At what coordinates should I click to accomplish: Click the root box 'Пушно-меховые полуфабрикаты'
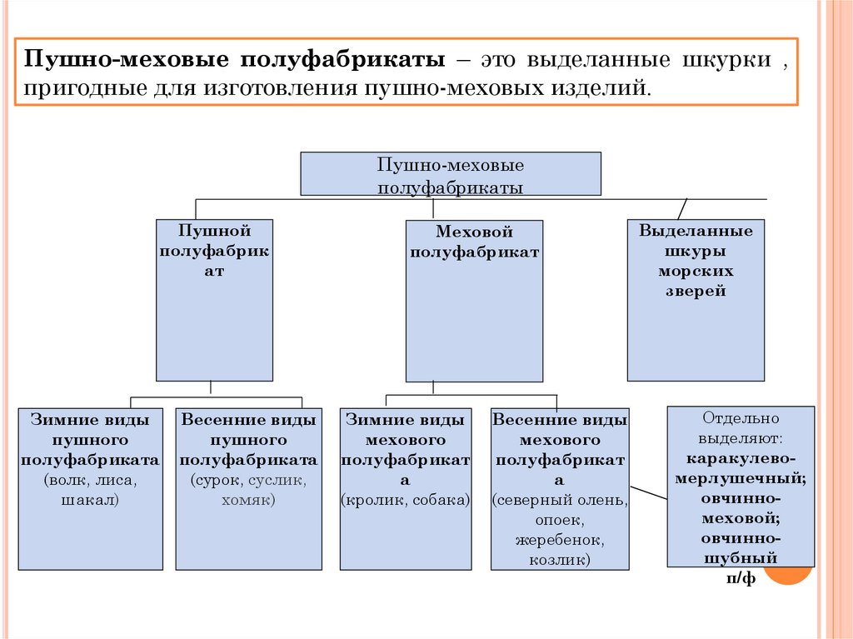click(450, 174)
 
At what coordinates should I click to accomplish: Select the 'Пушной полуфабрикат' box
click(214, 298)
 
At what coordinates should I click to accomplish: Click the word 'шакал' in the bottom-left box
click(90, 500)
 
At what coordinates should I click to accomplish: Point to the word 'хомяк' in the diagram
click(248, 500)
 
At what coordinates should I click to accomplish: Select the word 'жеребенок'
click(559, 540)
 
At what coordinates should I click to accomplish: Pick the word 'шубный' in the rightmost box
click(741, 558)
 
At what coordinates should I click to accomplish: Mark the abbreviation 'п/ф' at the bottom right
click(741, 578)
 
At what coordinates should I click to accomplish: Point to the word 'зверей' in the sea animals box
click(696, 292)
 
